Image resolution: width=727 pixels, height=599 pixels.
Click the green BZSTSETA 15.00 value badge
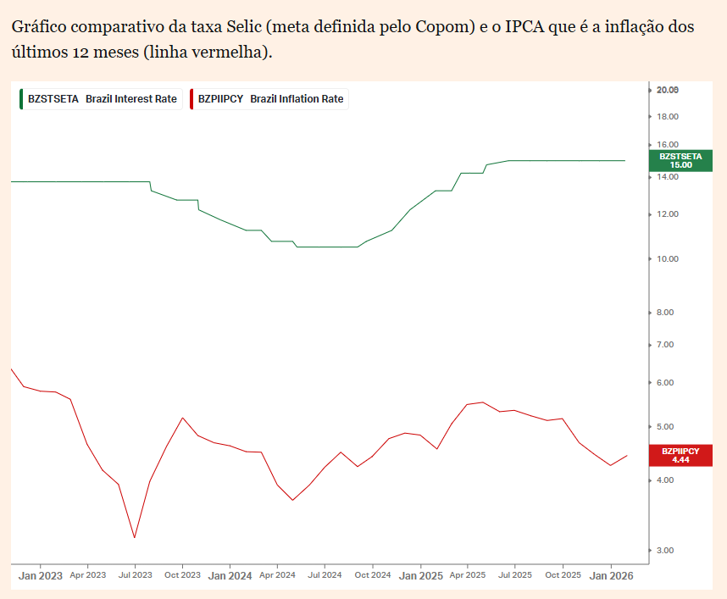pos(680,160)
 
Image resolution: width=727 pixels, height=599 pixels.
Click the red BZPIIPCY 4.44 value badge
pos(680,455)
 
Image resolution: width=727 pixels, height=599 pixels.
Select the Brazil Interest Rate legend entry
pos(103,99)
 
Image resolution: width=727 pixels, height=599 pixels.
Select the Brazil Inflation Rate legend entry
pos(270,99)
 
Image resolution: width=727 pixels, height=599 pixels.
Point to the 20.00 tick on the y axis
pos(668,90)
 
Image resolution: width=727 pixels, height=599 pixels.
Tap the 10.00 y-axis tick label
pos(668,258)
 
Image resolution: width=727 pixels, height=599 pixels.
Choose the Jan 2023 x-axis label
pos(41,575)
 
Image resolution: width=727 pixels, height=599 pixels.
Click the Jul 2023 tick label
pos(136,575)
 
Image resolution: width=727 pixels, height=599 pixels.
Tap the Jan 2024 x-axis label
pos(230,575)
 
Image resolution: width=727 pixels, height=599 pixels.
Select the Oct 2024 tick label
pos(373,575)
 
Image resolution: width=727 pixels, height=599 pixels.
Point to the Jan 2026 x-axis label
pos(611,575)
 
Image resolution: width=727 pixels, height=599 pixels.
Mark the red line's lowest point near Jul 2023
pos(135,537)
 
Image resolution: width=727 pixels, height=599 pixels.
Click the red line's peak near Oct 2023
pos(182,418)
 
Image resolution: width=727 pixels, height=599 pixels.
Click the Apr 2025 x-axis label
pos(467,575)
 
